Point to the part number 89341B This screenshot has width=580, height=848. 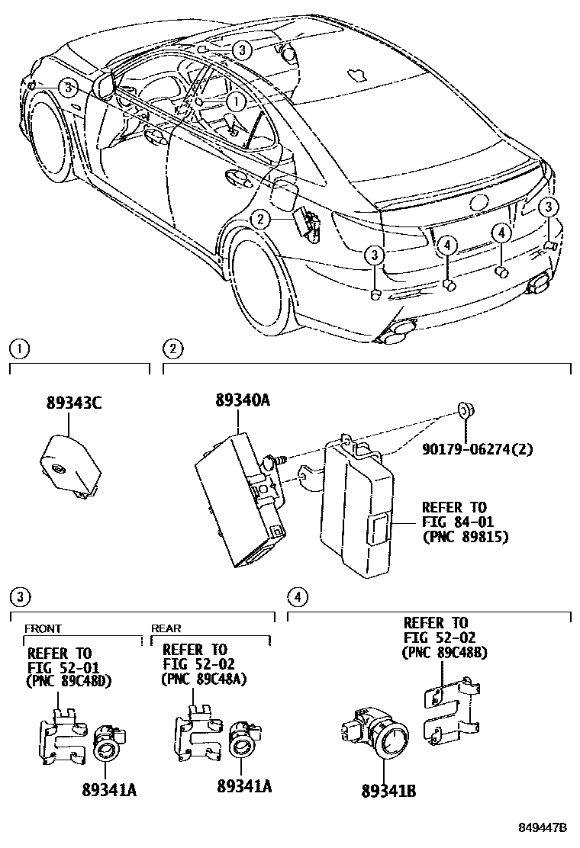coord(388,791)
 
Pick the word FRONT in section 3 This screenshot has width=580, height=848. coord(42,628)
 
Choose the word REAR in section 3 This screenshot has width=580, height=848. coord(166,628)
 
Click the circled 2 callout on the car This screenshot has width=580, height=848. coord(260,220)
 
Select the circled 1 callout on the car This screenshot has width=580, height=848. coord(236,100)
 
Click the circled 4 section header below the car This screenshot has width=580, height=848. coord(298,596)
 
